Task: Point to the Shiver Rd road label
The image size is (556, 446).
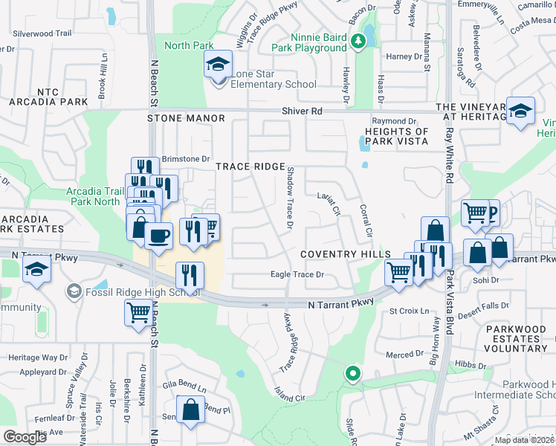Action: coord(302,110)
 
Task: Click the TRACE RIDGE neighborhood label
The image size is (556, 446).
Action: coord(250,167)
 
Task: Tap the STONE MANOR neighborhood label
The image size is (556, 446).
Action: coord(186,118)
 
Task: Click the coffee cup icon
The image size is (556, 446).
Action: coord(159,237)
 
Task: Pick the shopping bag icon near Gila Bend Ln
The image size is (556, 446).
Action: coord(190,410)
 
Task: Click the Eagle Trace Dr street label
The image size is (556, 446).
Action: coord(297,275)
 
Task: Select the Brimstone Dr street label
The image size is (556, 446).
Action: coord(187,158)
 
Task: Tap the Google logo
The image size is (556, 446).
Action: coord(25,436)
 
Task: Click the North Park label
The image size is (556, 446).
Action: coord(189,45)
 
